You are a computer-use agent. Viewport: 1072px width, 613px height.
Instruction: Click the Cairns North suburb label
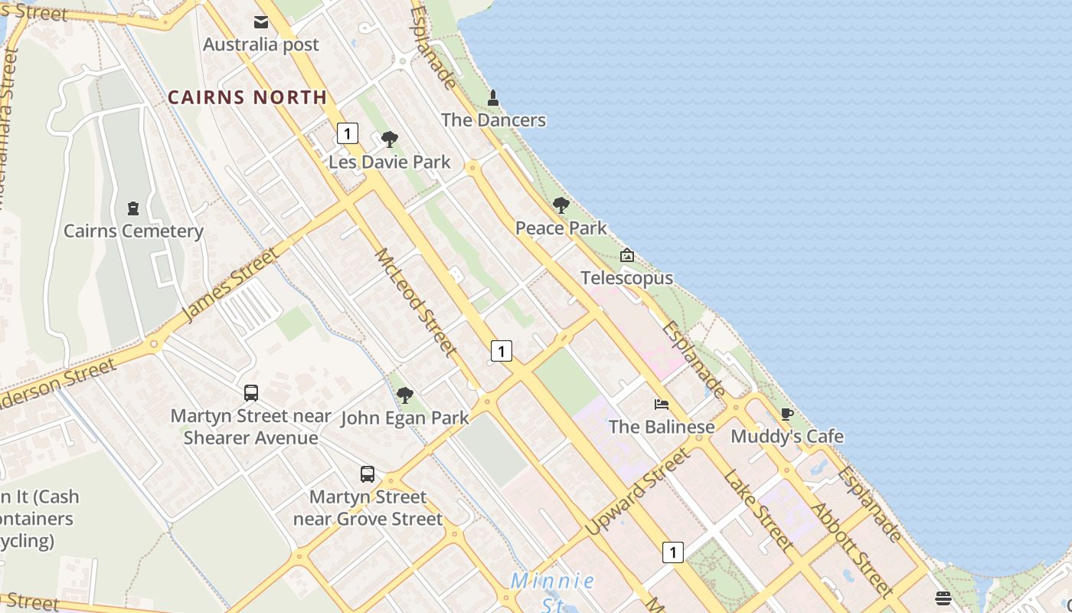(247, 97)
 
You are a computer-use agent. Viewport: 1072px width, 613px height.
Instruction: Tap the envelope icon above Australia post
(261, 22)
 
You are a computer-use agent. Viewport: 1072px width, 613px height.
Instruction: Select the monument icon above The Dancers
(493, 98)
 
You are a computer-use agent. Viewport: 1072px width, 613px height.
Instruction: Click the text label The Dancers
(494, 120)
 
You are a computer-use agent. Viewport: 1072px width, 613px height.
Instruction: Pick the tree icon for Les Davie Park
(390, 139)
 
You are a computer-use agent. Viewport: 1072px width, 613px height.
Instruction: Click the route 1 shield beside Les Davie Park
(348, 133)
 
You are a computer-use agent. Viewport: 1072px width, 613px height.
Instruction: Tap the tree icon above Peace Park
(561, 205)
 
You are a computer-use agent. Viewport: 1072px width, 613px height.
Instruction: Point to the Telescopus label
(627, 277)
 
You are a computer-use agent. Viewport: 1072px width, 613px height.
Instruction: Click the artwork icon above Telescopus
(627, 255)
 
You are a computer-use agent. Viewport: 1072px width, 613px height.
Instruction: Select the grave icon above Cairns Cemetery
(133, 208)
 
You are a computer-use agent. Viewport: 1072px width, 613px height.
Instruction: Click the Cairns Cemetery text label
(133, 231)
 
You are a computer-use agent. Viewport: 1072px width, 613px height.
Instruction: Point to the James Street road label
(230, 285)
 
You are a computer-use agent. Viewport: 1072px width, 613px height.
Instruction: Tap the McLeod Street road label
(416, 302)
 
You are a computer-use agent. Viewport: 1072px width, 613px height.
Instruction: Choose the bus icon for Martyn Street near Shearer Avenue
(251, 393)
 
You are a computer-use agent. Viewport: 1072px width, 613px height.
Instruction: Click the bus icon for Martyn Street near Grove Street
(368, 474)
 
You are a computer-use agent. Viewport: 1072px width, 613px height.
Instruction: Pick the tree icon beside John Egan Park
(405, 395)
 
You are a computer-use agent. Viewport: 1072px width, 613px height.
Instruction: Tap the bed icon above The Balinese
(662, 405)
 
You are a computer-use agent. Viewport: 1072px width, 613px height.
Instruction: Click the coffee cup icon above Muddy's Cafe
(787, 415)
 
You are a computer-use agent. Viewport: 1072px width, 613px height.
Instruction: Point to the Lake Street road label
(757, 510)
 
